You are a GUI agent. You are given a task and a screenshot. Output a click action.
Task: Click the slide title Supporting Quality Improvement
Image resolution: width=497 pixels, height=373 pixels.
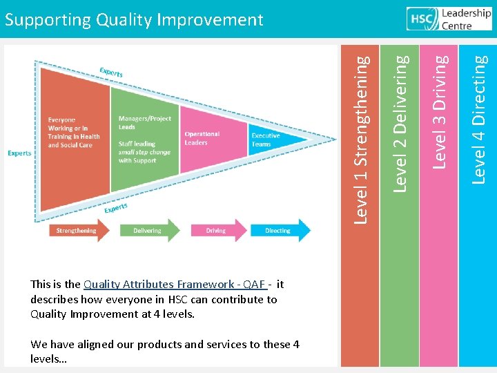pyautogui.click(x=134, y=19)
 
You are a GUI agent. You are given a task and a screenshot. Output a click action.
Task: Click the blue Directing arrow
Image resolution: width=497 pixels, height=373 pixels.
pyautogui.click(x=279, y=231)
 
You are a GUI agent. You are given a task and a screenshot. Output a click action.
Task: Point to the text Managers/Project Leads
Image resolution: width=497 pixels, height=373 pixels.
pyautogui.click(x=144, y=123)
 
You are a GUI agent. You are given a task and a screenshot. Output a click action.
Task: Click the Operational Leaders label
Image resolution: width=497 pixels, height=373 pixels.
pyautogui.click(x=202, y=138)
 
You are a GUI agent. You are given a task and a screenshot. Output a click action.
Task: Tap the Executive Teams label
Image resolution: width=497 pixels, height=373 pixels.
pyautogui.click(x=266, y=140)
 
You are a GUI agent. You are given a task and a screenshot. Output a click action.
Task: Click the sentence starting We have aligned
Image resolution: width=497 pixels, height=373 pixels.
pyautogui.click(x=165, y=344)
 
